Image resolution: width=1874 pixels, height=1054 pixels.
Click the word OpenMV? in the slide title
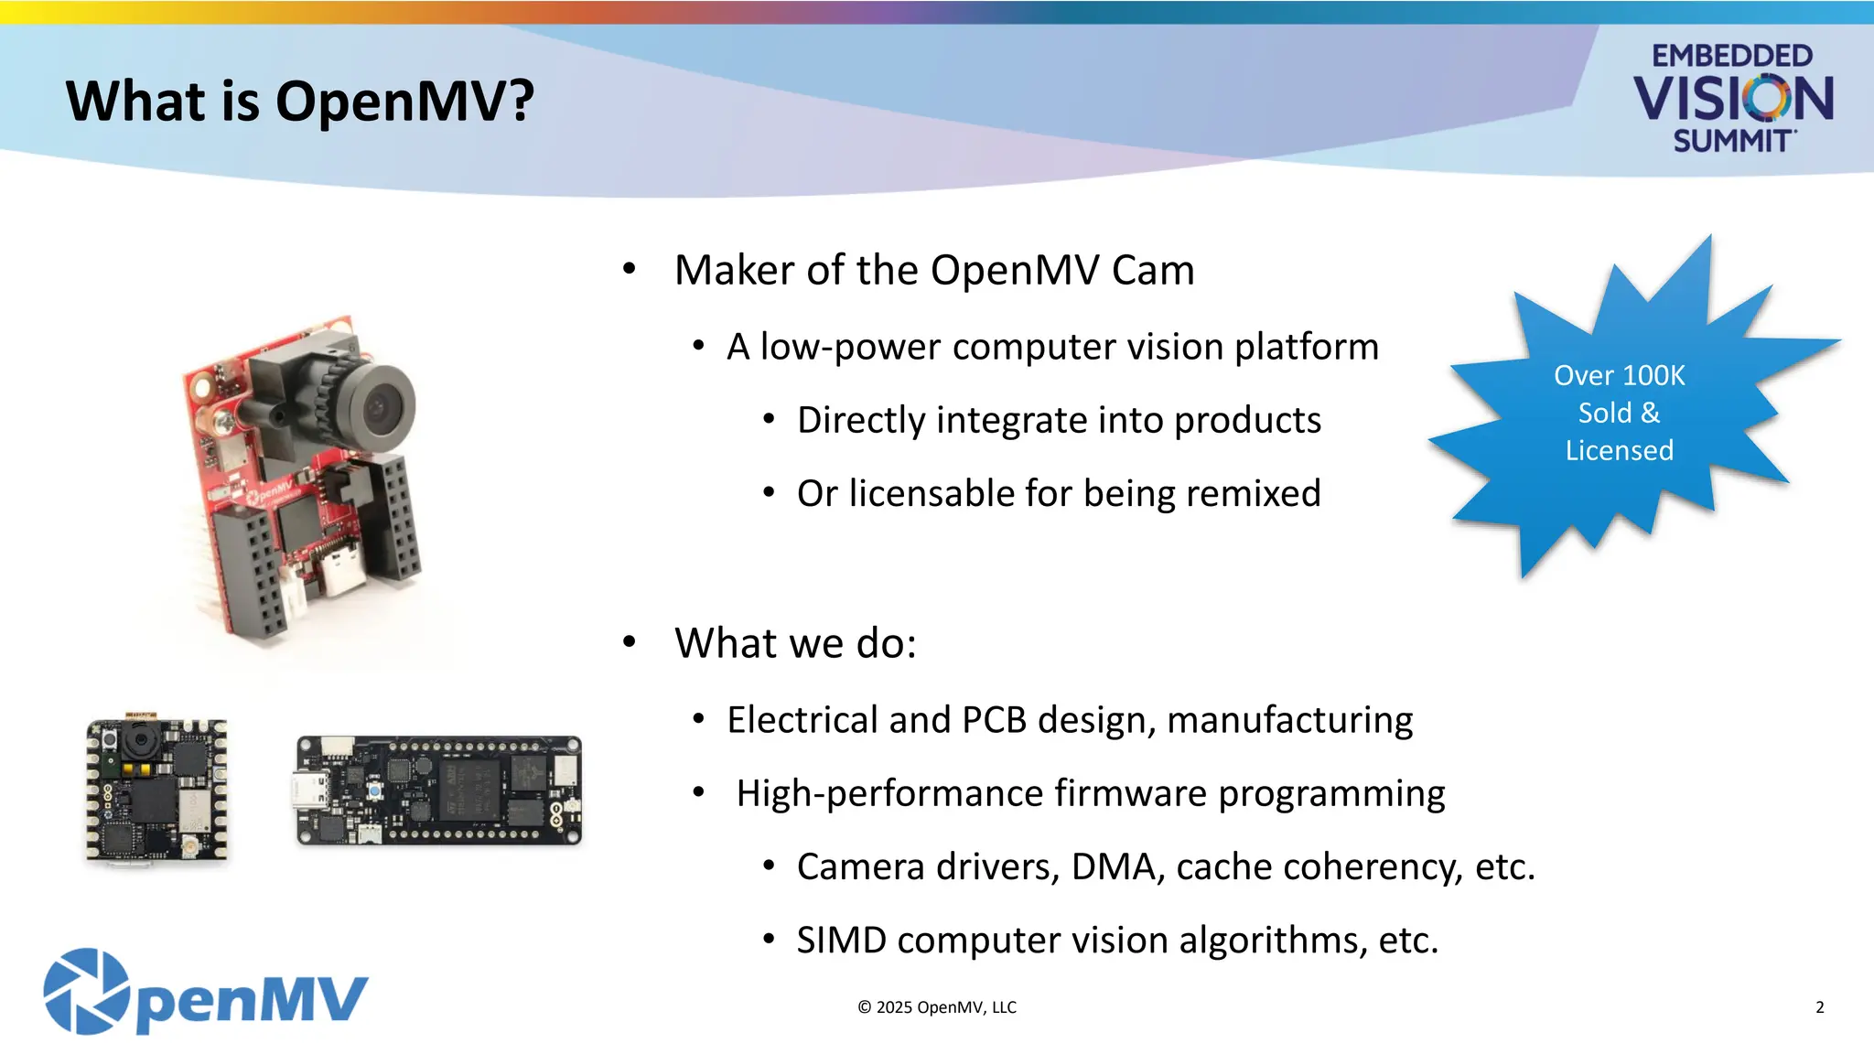tap(404, 101)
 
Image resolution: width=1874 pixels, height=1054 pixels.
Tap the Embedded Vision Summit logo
tap(1732, 98)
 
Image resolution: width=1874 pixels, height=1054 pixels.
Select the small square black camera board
tap(156, 790)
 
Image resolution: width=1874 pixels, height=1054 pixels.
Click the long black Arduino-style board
tap(438, 790)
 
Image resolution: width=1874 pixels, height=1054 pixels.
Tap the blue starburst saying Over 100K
tap(1620, 412)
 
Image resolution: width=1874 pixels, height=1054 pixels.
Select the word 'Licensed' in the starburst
tap(1619, 450)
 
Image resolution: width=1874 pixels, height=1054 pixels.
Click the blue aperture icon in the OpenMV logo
tap(87, 991)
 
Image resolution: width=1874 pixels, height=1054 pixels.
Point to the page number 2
tap(1819, 1007)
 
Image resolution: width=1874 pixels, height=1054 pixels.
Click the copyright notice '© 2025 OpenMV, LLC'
tap(937, 1007)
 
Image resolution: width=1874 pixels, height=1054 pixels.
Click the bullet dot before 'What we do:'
tap(629, 642)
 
